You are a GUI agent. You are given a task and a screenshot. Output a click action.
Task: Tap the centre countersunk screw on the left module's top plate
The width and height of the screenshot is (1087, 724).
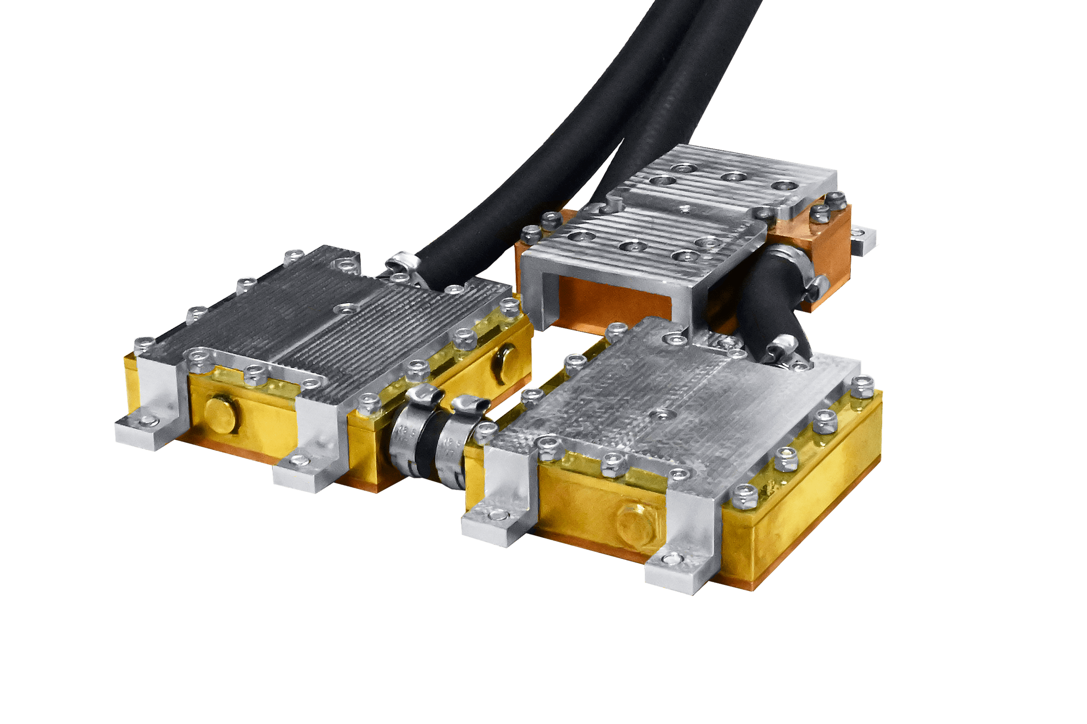(344, 307)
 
